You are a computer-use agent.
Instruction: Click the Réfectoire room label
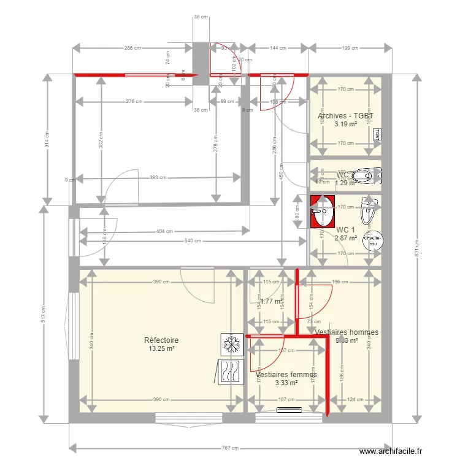(x=161, y=340)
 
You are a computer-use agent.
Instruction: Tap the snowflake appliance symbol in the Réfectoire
(x=232, y=345)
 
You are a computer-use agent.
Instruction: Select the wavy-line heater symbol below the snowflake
(x=232, y=372)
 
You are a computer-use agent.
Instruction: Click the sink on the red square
(x=322, y=212)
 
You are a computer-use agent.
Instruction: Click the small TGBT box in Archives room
(x=377, y=135)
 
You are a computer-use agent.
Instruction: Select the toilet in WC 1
(x=368, y=212)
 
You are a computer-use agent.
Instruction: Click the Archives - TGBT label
(x=345, y=115)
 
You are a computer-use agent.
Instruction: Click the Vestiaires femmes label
(x=286, y=374)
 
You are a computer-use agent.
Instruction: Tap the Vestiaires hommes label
(x=346, y=332)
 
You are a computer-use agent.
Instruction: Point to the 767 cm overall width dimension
(x=231, y=448)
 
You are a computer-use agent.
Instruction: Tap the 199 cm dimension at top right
(x=350, y=48)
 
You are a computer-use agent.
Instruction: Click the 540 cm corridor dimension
(x=193, y=241)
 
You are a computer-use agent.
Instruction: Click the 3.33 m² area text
(x=286, y=383)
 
